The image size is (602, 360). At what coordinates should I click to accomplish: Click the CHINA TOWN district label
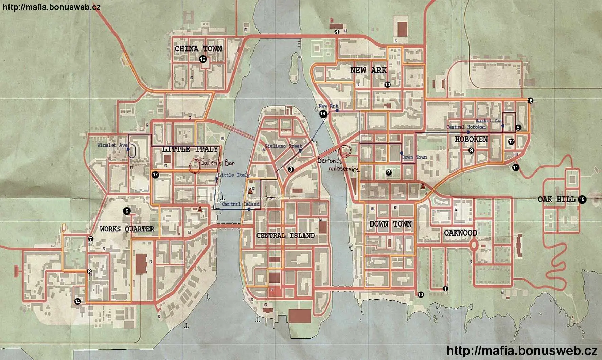coord(198,49)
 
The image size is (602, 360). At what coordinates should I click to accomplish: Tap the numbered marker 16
coord(203,59)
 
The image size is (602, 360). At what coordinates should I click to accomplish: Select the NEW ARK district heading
coord(368,71)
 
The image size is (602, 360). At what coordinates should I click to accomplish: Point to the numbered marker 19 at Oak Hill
coord(582,199)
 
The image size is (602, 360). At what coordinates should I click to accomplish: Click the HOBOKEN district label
coord(471,139)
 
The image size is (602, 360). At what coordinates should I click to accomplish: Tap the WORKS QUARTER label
coord(127,229)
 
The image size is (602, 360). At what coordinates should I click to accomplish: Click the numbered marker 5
coord(127,211)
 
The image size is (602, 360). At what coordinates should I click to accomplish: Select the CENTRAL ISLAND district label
coord(285,236)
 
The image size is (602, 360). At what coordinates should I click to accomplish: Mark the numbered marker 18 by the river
coord(323,114)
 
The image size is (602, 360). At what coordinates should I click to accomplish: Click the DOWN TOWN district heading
coord(391,224)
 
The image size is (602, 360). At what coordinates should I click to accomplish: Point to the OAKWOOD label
coord(460,233)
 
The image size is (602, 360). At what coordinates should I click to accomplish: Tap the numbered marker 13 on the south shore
coord(421,295)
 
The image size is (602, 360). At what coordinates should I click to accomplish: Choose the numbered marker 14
coord(77,301)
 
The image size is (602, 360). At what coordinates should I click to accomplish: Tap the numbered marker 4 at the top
coord(337,32)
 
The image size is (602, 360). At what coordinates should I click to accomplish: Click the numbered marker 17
coord(155,175)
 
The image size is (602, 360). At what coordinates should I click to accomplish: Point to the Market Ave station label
coord(489,121)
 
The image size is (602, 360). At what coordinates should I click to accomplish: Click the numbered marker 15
coord(530,101)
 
